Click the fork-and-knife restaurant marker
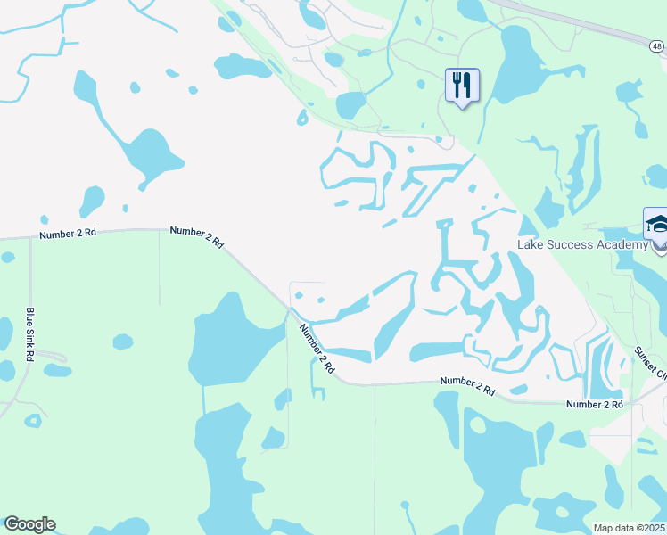coord(462,86)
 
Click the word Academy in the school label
coord(621,245)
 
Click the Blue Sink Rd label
coord(30,334)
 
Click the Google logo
coord(29,524)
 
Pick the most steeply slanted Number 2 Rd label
coord(317,349)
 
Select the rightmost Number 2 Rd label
coord(595,405)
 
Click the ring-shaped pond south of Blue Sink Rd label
coord(33,420)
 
